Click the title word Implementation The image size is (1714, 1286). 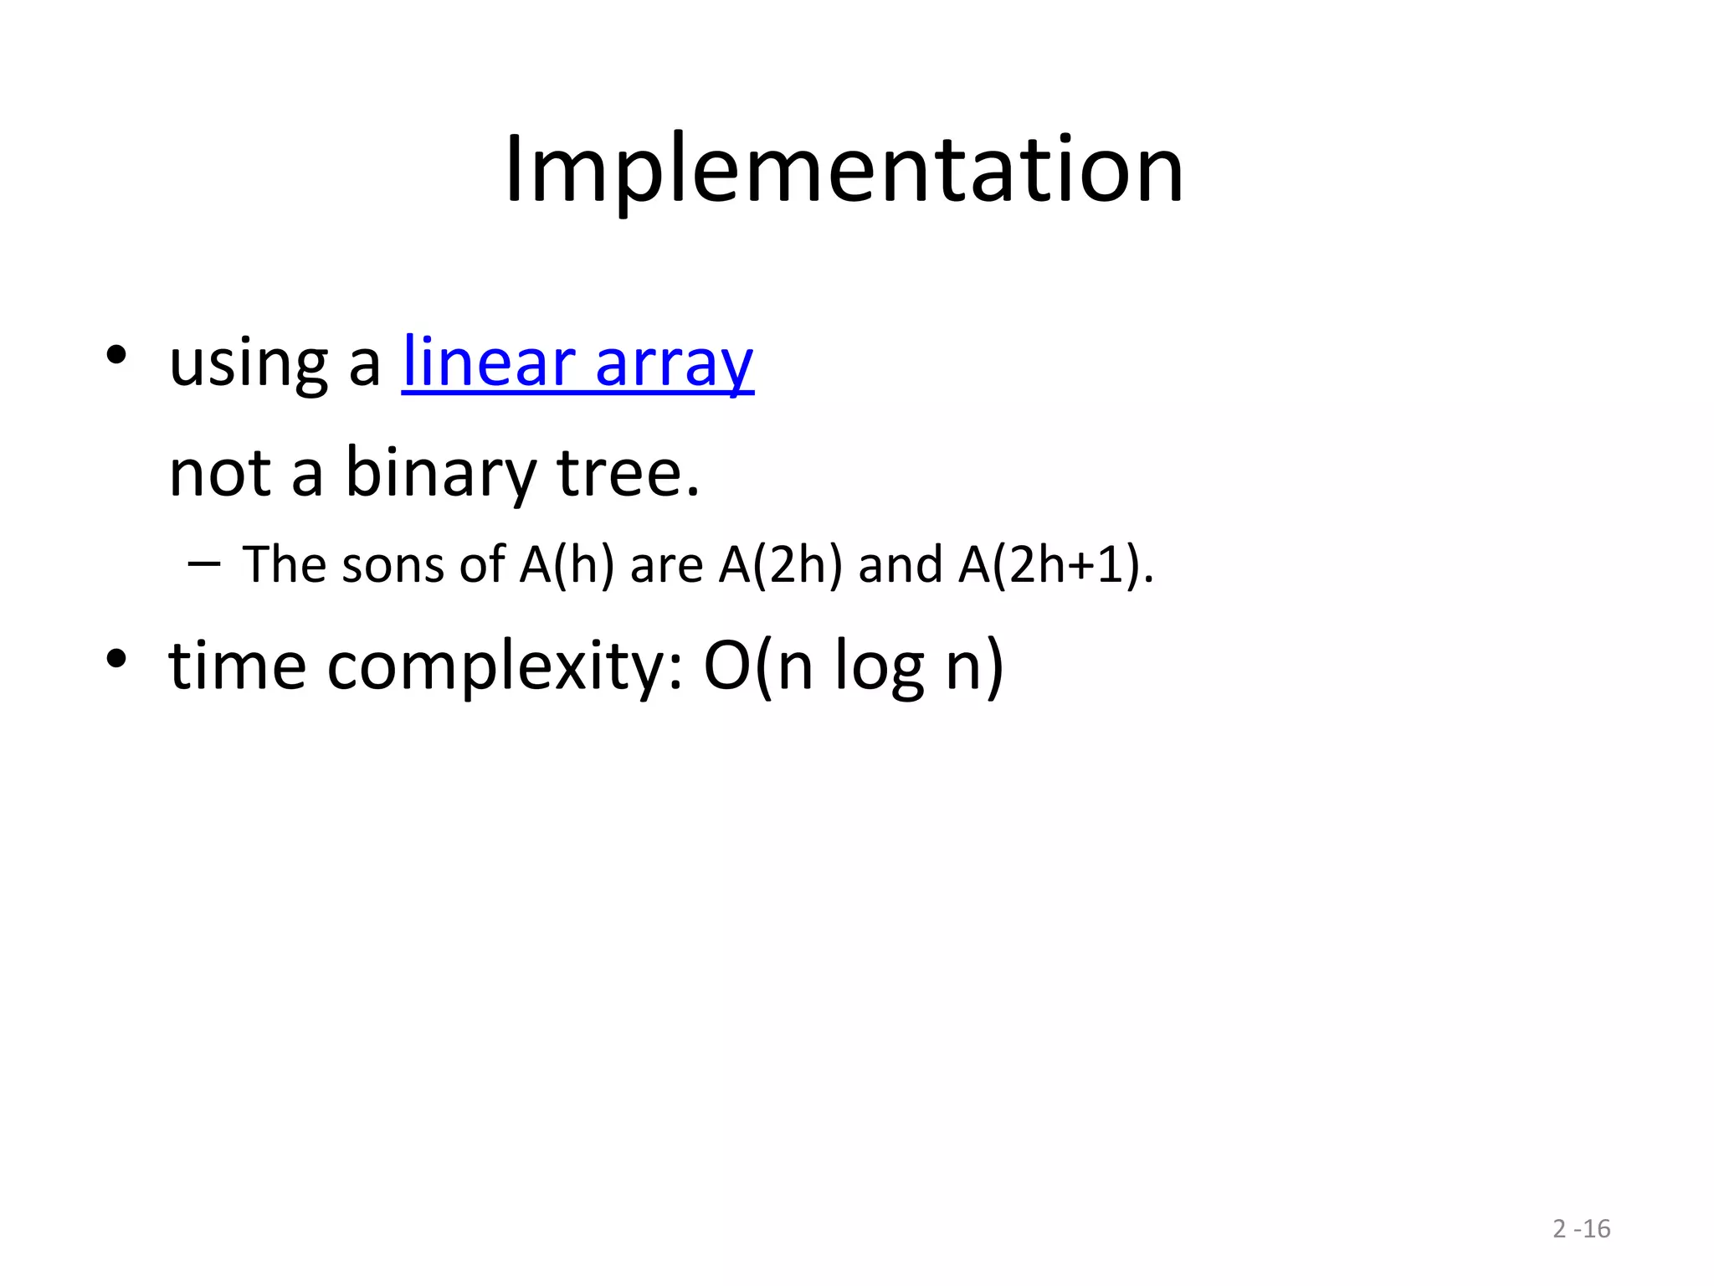click(x=844, y=171)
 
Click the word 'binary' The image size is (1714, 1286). click(x=440, y=474)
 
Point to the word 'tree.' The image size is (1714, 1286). click(x=628, y=474)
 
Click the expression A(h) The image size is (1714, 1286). click(x=567, y=565)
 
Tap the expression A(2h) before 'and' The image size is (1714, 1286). click(x=780, y=565)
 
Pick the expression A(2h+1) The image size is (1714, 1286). click(x=1055, y=565)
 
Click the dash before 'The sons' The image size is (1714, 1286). click(x=204, y=564)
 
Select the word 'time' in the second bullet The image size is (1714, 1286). click(x=237, y=666)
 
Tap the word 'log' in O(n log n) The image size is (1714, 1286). click(x=879, y=668)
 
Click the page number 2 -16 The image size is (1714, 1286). click(x=1581, y=1229)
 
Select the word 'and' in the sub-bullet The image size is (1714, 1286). click(x=900, y=565)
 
